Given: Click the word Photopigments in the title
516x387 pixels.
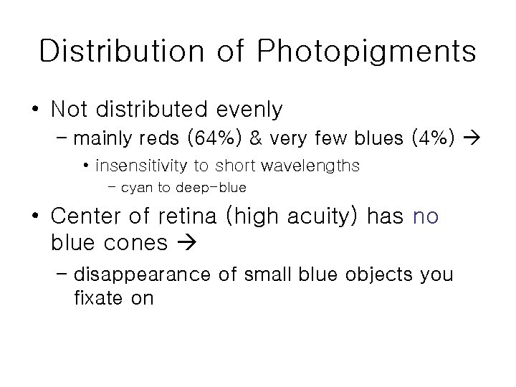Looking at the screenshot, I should click(x=365, y=52).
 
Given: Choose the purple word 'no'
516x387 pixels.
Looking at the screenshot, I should click(x=426, y=216).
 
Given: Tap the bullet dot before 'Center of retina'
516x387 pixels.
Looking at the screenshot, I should click(x=34, y=216).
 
